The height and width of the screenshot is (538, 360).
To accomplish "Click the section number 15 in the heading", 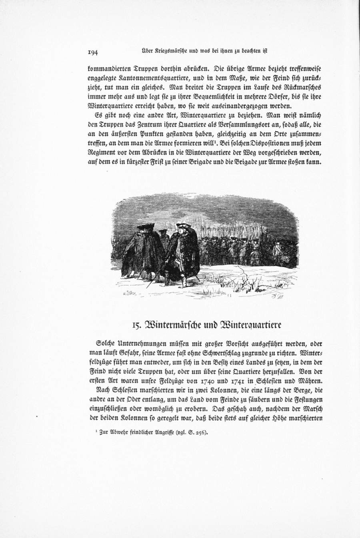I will [137, 325].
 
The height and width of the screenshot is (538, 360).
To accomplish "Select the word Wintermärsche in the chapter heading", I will [176, 324].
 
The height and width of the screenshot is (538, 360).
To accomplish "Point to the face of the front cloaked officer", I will [183, 232].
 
